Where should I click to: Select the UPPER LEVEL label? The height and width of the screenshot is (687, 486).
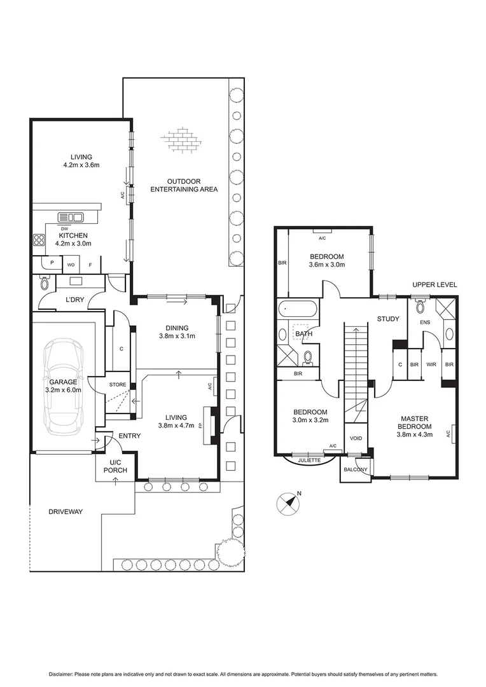[434, 284]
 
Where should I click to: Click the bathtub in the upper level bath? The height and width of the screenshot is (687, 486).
[296, 310]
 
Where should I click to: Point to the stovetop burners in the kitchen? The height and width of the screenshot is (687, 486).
[39, 240]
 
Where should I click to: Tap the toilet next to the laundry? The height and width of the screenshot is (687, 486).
[45, 282]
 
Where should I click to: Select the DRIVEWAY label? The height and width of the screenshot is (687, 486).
[66, 511]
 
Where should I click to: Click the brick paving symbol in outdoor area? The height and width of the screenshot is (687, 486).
[183, 141]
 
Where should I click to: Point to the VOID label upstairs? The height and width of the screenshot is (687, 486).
[356, 439]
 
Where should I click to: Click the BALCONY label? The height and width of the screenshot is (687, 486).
[354, 469]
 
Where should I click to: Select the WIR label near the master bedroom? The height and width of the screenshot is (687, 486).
[431, 365]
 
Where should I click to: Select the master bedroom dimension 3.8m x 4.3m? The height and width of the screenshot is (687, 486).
[415, 435]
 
